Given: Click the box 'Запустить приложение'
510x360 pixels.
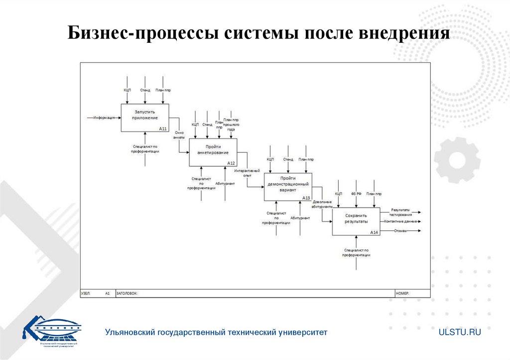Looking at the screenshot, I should (x=145, y=118).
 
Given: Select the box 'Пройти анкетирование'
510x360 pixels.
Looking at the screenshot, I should (x=213, y=152).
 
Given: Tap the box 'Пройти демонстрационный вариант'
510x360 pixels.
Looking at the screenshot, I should (x=288, y=187).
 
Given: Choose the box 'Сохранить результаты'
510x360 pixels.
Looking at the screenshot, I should (x=356, y=221).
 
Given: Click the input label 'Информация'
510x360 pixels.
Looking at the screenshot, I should (x=104, y=118).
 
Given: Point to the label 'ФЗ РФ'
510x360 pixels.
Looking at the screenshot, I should (x=356, y=193).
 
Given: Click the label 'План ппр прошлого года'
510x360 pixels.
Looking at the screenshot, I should (x=231, y=124).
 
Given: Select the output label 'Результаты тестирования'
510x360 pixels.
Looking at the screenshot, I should (x=401, y=213).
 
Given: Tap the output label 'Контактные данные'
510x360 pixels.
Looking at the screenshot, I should (x=400, y=221).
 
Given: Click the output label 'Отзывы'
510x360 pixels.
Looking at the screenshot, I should (x=400, y=231).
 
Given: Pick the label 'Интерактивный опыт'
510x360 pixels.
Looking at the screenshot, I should (x=248, y=173).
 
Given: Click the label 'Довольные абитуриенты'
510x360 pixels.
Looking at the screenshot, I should (x=322, y=204).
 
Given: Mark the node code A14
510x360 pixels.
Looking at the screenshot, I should (x=374, y=233).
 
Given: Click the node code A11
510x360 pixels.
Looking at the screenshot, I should (x=163, y=128).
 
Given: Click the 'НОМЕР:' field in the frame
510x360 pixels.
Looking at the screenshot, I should (x=402, y=294).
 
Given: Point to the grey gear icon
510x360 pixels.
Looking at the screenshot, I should (x=456, y=160).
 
